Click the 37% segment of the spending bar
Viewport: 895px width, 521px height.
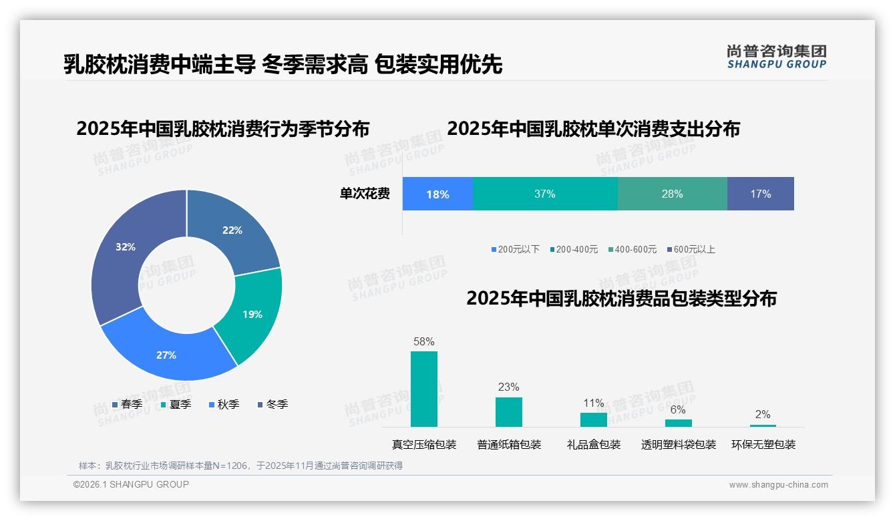coord(544,194)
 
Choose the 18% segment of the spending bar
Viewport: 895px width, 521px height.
coord(437,194)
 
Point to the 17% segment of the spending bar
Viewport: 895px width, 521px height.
coord(760,194)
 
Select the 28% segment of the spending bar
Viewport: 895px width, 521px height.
coord(672,194)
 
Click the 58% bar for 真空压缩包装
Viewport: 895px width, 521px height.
coord(424,389)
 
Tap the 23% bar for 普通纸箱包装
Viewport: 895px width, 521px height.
coord(509,411)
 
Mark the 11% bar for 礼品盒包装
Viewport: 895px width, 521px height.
coord(594,419)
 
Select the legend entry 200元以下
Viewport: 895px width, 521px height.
coord(515,249)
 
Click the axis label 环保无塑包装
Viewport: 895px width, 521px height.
coord(763,444)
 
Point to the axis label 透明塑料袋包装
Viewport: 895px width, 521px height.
coord(679,444)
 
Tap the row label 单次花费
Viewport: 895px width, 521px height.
coord(365,194)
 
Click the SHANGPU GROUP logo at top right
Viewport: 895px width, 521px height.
coord(777,57)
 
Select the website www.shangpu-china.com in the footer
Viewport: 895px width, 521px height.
coord(778,484)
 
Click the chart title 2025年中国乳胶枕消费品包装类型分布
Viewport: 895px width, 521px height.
coord(621,298)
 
